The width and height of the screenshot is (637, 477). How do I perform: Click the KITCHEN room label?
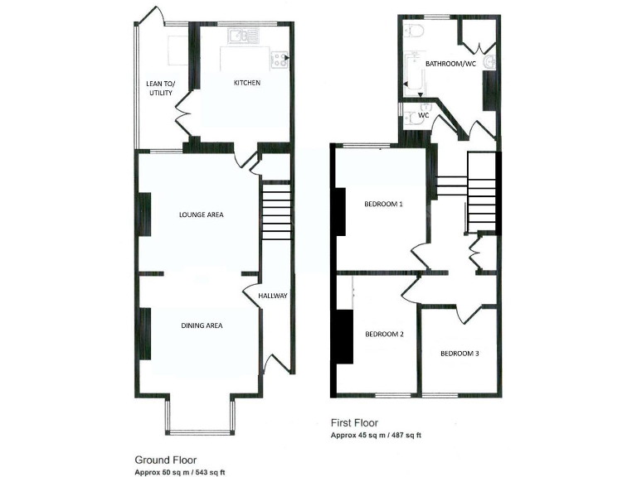click(x=246, y=83)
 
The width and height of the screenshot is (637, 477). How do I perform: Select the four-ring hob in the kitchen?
click(x=280, y=58)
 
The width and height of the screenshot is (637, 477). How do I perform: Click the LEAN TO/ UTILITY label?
click(x=159, y=88)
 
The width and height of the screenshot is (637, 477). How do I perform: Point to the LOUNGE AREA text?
click(x=202, y=215)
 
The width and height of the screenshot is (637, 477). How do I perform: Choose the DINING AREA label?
click(x=202, y=325)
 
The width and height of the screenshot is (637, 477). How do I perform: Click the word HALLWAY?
click(x=273, y=296)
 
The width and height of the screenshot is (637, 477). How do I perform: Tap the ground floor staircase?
click(x=276, y=212)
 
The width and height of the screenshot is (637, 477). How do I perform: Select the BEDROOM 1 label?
click(x=383, y=205)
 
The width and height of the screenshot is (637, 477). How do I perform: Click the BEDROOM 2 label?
click(x=384, y=335)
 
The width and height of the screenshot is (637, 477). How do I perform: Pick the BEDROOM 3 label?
click(x=459, y=354)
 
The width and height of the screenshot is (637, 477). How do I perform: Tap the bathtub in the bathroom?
click(x=412, y=71)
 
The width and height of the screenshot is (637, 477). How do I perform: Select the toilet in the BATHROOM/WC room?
click(x=415, y=31)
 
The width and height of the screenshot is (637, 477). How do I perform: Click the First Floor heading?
click(x=355, y=422)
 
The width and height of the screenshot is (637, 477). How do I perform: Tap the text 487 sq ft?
click(x=411, y=435)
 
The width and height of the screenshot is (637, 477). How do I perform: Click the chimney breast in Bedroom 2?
click(x=342, y=335)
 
